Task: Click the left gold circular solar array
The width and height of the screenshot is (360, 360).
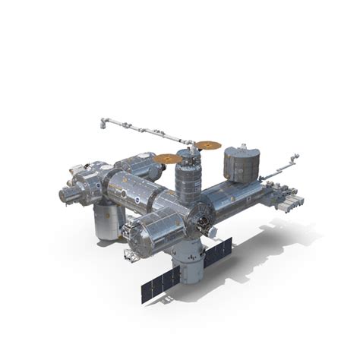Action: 168,159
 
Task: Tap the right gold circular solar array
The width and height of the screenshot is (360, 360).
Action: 207,144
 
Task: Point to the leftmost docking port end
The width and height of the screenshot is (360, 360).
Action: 66,195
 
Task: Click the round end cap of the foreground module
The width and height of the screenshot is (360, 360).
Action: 140,240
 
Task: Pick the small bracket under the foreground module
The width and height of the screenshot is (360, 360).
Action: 131,256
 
